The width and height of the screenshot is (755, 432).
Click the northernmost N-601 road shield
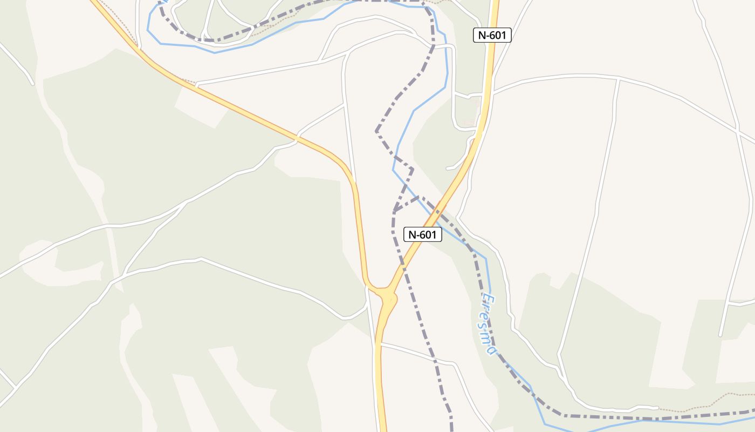click(x=492, y=35)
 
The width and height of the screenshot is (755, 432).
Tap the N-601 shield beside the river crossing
click(x=423, y=234)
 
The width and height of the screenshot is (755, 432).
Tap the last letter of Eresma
click(x=490, y=350)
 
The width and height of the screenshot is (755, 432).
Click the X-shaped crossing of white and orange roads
click(x=297, y=139)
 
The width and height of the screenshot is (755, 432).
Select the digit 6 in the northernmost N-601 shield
click(x=492, y=36)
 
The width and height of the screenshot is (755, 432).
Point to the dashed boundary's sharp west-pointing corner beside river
click(x=376, y=131)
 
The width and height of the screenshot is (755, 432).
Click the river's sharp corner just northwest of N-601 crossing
click(x=393, y=170)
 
